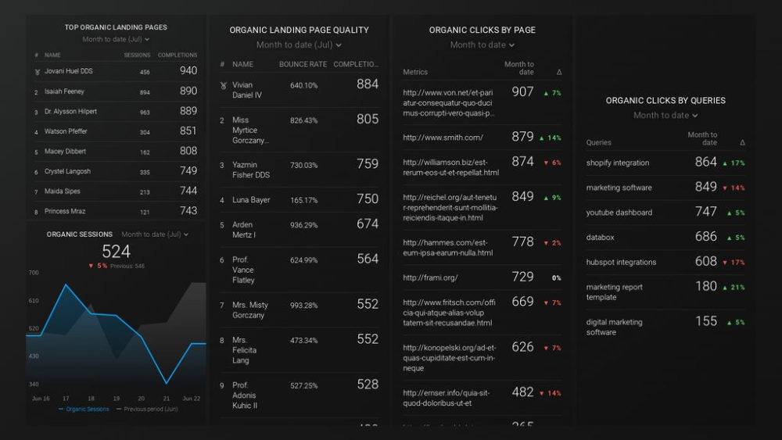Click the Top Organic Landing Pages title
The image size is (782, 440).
click(116, 27)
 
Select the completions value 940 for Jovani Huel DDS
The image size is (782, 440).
click(188, 71)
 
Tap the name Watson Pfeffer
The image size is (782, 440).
click(66, 131)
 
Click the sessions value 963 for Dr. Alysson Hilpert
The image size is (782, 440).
click(145, 112)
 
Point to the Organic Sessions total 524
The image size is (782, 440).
click(116, 252)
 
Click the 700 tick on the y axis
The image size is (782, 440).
click(34, 273)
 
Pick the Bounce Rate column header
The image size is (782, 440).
click(303, 64)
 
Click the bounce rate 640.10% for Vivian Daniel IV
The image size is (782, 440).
click(303, 85)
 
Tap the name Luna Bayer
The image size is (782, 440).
click(251, 200)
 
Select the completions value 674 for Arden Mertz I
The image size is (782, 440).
click(367, 224)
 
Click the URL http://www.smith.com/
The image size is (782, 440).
click(443, 138)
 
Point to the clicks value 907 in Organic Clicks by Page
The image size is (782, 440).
click(522, 92)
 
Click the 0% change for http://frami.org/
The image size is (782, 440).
click(556, 277)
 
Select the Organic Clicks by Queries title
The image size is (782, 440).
click(665, 101)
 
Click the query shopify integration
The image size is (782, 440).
click(618, 163)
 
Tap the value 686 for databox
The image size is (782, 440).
click(705, 237)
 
